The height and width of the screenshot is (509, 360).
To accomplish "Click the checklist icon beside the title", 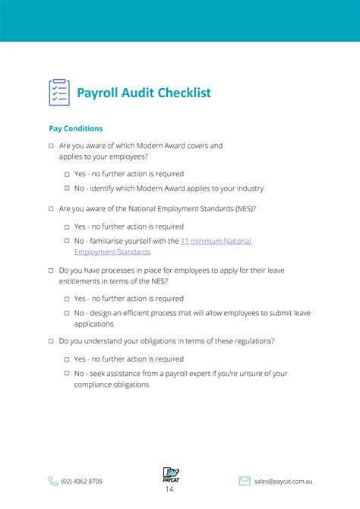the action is click(x=58, y=93).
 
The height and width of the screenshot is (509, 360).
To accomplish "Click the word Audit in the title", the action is click(x=137, y=93).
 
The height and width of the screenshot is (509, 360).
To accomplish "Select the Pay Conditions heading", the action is click(x=76, y=129).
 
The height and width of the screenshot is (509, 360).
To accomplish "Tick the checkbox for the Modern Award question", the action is click(x=51, y=146).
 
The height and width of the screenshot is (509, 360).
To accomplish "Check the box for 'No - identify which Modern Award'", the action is click(x=67, y=188).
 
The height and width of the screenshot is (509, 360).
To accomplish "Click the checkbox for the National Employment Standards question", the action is click(x=51, y=208).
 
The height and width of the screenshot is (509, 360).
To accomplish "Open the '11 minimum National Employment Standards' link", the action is click(x=216, y=241).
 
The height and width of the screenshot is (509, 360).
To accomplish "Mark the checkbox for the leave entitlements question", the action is click(x=51, y=270).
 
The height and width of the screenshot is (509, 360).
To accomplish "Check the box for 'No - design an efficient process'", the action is click(x=67, y=313).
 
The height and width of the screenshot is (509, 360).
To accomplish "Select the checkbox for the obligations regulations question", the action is click(x=51, y=341).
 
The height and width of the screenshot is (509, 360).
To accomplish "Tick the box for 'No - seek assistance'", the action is click(x=67, y=374).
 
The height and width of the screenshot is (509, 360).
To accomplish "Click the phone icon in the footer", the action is click(x=53, y=481).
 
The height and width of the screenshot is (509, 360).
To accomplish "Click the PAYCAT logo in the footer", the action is click(x=170, y=476).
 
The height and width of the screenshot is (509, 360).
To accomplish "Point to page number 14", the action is click(x=169, y=490).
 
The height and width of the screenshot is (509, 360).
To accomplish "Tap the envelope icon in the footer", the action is click(x=245, y=481).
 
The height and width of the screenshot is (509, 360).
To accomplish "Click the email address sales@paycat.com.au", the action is click(x=283, y=481).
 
